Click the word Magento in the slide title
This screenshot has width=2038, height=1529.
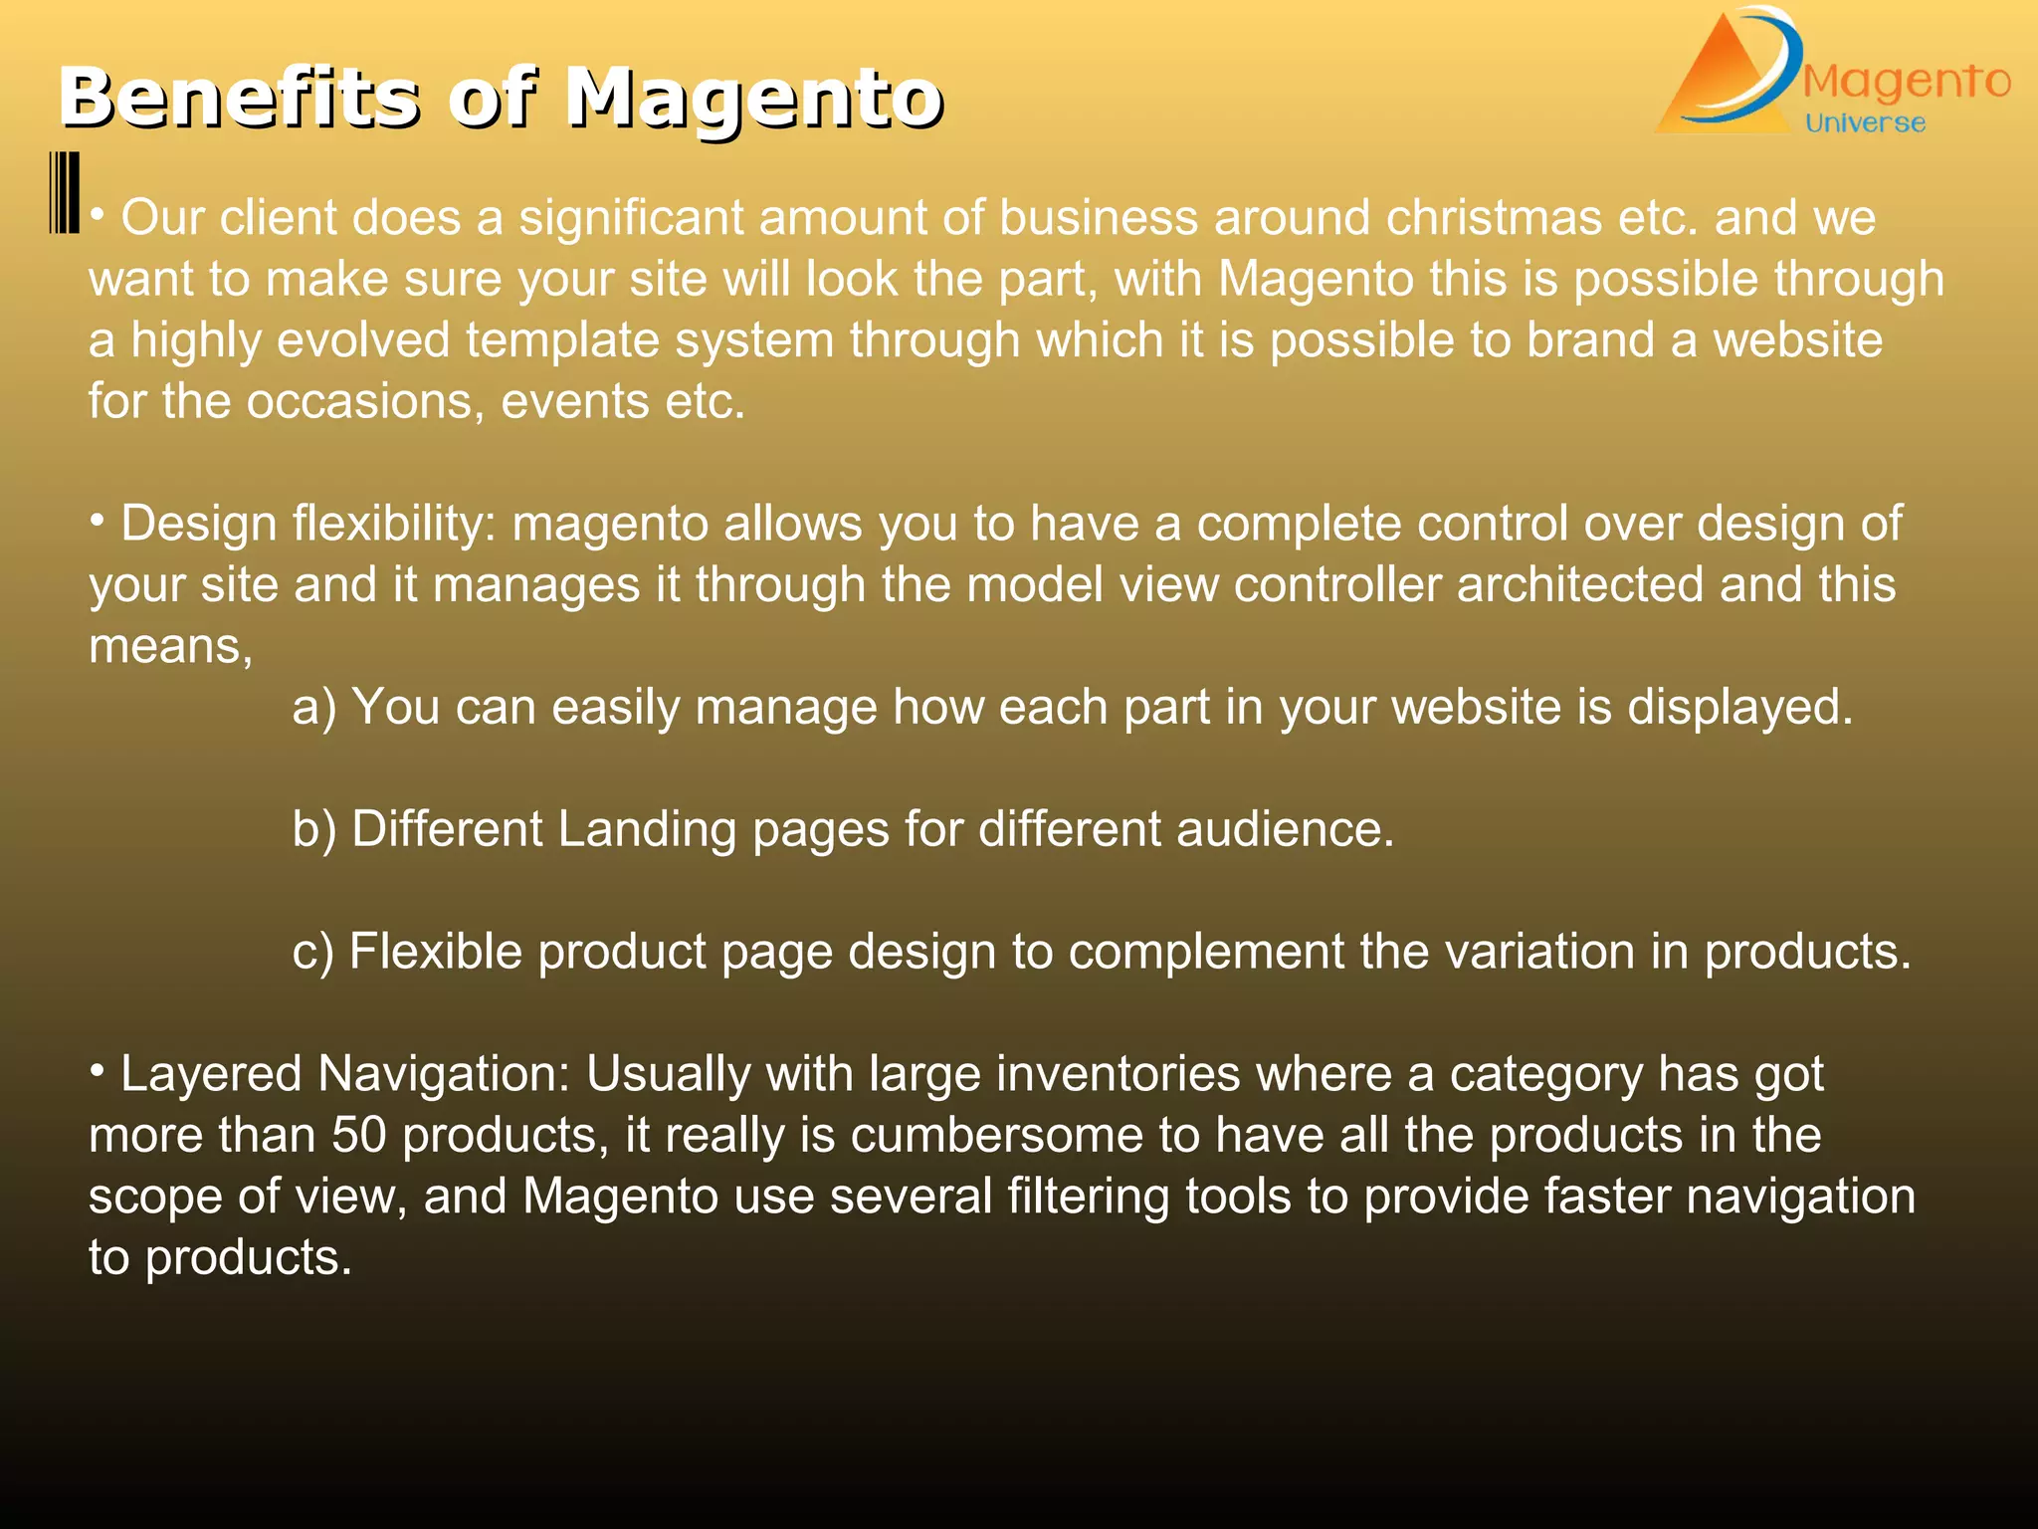click(x=753, y=100)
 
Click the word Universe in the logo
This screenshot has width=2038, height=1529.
click(x=1865, y=123)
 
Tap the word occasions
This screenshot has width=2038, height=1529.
click(x=365, y=401)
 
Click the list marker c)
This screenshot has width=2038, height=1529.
click(x=313, y=952)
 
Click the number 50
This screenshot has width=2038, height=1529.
click(x=358, y=1136)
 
